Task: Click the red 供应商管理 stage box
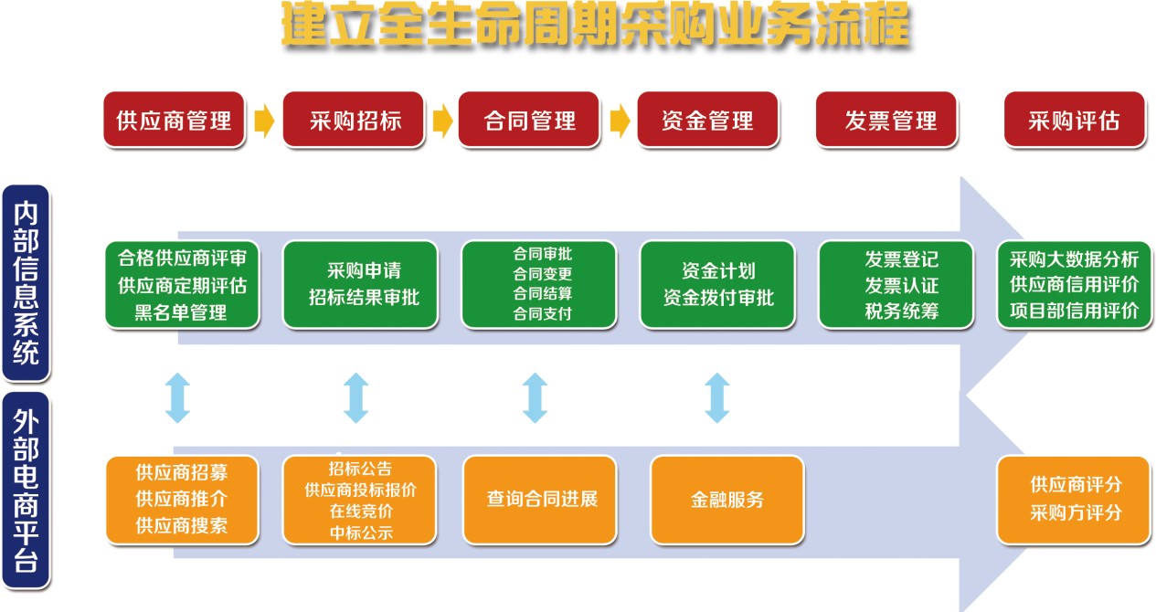(174, 120)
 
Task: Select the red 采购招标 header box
(354, 120)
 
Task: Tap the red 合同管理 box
(529, 120)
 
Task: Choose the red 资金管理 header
(707, 120)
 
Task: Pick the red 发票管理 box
(889, 120)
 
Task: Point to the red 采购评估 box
(1075, 120)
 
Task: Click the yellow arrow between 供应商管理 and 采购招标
(264, 120)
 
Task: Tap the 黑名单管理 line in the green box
(181, 311)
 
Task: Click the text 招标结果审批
(364, 297)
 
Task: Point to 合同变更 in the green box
(543, 274)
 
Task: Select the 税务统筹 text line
(901, 311)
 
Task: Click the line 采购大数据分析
(1075, 259)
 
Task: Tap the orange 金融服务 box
(727, 500)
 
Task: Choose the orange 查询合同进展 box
(542, 500)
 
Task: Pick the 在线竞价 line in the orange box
(361, 512)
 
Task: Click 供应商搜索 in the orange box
(182, 525)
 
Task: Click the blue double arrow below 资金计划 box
(717, 397)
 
